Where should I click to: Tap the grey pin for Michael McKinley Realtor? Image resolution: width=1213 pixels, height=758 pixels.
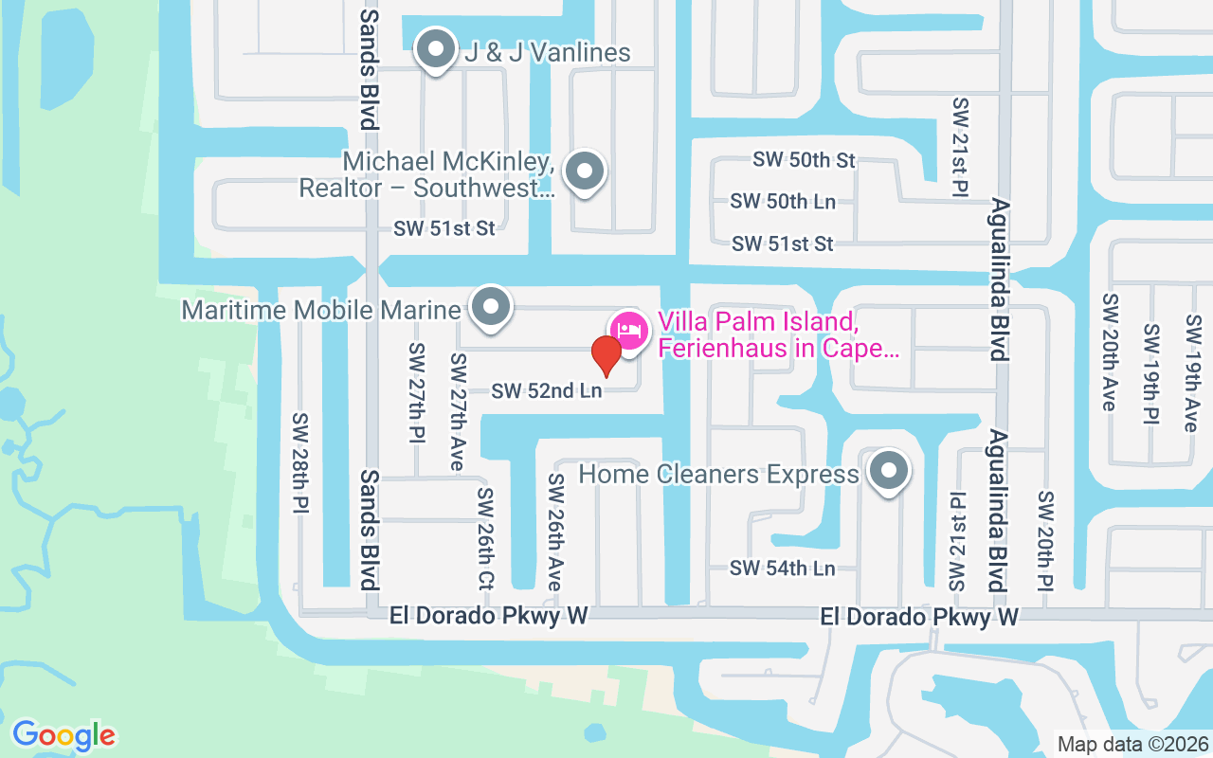tap(585, 171)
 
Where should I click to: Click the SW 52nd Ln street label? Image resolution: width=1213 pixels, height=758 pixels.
tap(546, 390)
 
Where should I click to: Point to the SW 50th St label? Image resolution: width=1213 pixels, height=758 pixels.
tap(804, 160)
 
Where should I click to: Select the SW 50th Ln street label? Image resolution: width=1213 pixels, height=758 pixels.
tap(783, 202)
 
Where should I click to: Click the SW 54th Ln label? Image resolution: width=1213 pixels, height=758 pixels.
tap(783, 568)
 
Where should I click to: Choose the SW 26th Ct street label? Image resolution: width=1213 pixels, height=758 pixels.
tap(485, 537)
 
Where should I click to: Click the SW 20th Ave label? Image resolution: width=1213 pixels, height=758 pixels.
tap(1109, 352)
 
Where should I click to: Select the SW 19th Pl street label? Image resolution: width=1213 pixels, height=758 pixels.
tap(1151, 374)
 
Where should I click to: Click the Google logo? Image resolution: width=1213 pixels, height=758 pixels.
tap(63, 735)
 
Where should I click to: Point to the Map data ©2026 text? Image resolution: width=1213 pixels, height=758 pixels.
tap(1132, 745)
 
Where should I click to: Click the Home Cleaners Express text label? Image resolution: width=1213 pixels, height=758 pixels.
tap(718, 474)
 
